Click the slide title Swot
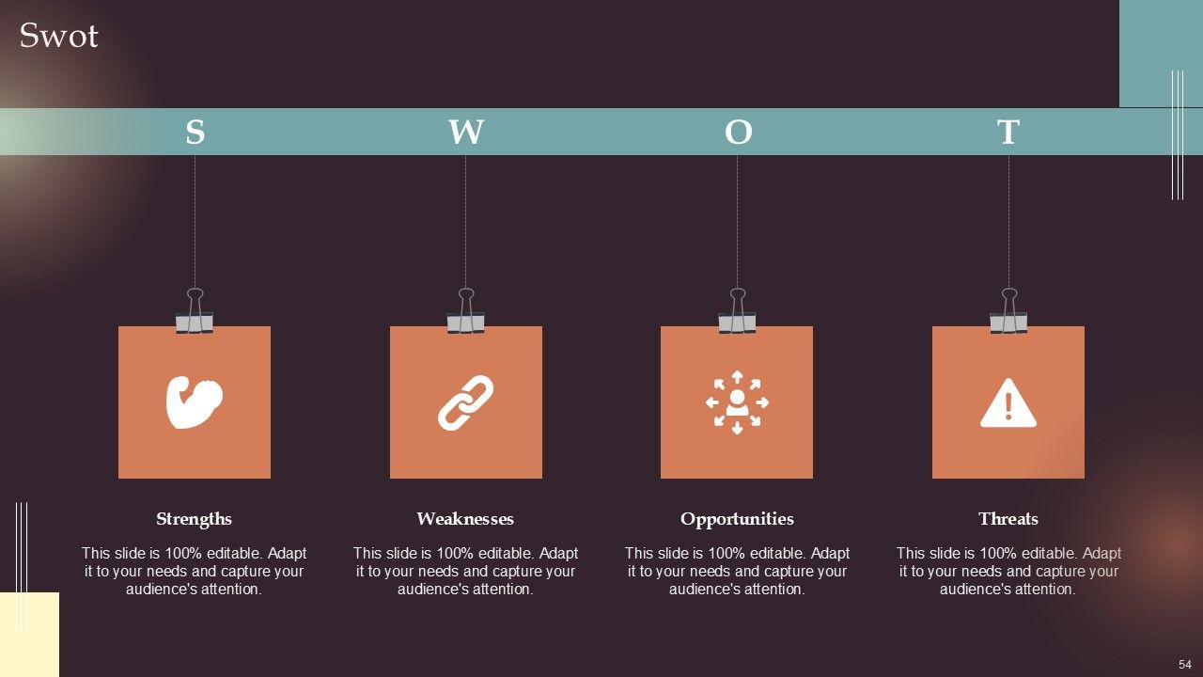[58, 36]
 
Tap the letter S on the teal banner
[195, 133]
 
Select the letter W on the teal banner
[465, 133]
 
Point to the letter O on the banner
[738, 133]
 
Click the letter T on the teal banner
[1008, 133]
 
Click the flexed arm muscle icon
[194, 402]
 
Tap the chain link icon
[465, 402]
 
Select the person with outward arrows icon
[737, 402]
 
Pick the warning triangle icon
[1008, 403]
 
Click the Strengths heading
[194, 519]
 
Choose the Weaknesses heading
[465, 519]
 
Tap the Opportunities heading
[737, 519]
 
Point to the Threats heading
[1008, 519]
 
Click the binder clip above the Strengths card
[195, 314]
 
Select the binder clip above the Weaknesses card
[465, 314]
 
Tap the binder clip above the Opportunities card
[737, 314]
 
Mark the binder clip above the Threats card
[1008, 314]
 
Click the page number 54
[1184, 664]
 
